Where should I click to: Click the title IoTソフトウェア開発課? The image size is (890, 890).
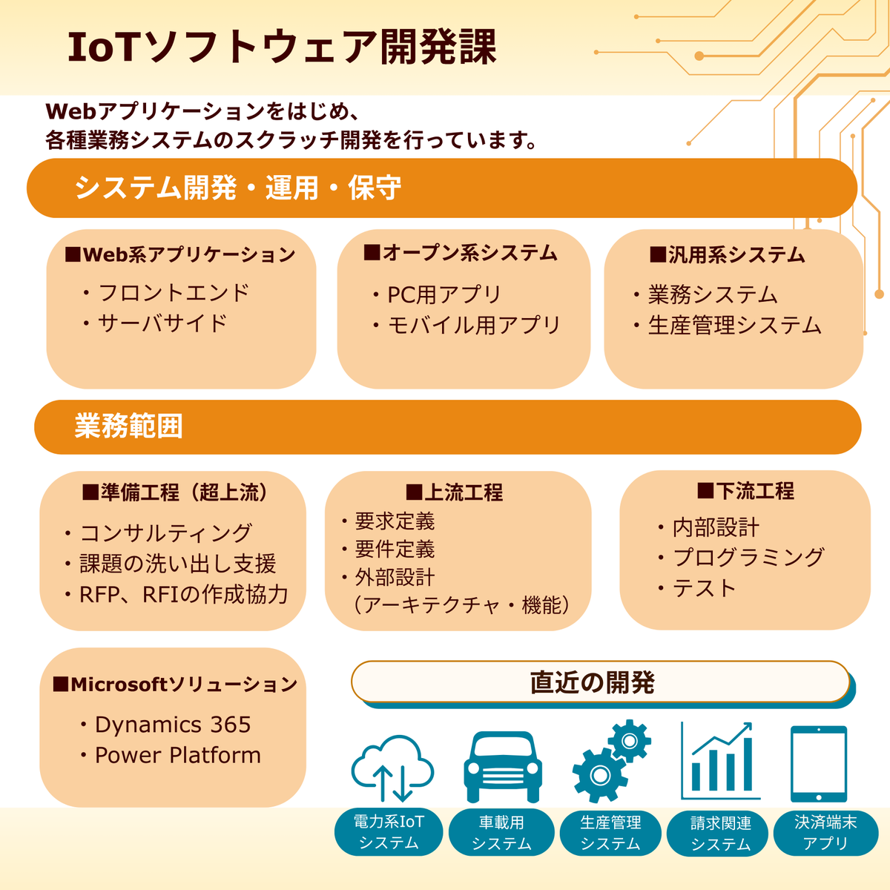(x=282, y=47)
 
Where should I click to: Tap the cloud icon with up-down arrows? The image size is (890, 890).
(x=392, y=768)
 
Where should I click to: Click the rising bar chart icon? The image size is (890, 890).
(x=717, y=760)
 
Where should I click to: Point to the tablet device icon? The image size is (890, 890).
(x=818, y=764)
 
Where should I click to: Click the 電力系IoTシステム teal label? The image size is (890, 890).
(x=389, y=832)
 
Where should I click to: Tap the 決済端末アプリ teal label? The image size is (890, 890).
(x=825, y=833)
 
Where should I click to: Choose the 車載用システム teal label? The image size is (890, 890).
(x=501, y=833)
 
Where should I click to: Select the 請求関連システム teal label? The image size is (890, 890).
(x=720, y=834)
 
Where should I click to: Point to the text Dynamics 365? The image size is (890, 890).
(x=173, y=725)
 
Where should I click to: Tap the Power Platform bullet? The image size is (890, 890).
(x=177, y=755)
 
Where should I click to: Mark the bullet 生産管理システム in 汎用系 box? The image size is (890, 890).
(x=734, y=325)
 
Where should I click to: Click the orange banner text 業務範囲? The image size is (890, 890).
(x=128, y=426)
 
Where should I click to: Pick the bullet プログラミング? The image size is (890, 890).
(x=748, y=557)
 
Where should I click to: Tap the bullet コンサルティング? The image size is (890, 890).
(x=165, y=533)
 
